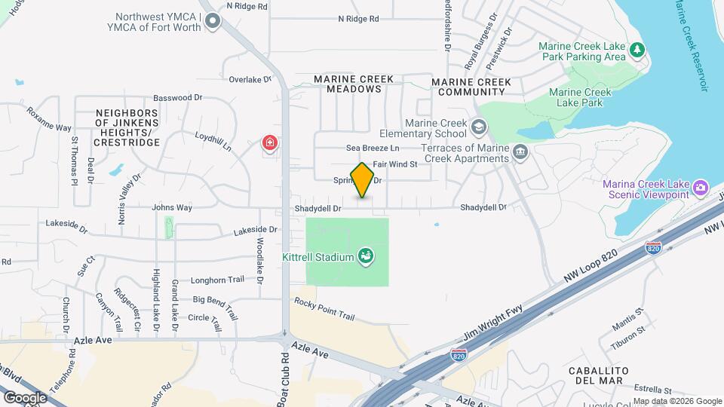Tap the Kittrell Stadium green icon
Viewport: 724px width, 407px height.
(x=366, y=257)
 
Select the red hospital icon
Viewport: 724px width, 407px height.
(x=269, y=142)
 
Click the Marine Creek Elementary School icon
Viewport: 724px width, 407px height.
(x=478, y=126)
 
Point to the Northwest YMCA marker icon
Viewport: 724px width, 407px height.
(x=213, y=23)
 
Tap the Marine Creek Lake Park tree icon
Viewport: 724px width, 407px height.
(x=638, y=50)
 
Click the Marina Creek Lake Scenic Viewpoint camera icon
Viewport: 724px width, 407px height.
(x=701, y=186)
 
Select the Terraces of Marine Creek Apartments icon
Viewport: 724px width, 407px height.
(x=520, y=153)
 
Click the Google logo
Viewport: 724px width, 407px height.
(x=25, y=397)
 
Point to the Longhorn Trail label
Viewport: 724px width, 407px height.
(x=219, y=280)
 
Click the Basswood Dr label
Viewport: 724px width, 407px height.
(x=179, y=97)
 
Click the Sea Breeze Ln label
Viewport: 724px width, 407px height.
(x=373, y=148)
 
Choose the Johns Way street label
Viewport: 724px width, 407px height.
(x=172, y=207)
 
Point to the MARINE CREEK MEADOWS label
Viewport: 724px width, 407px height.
(x=348, y=84)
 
